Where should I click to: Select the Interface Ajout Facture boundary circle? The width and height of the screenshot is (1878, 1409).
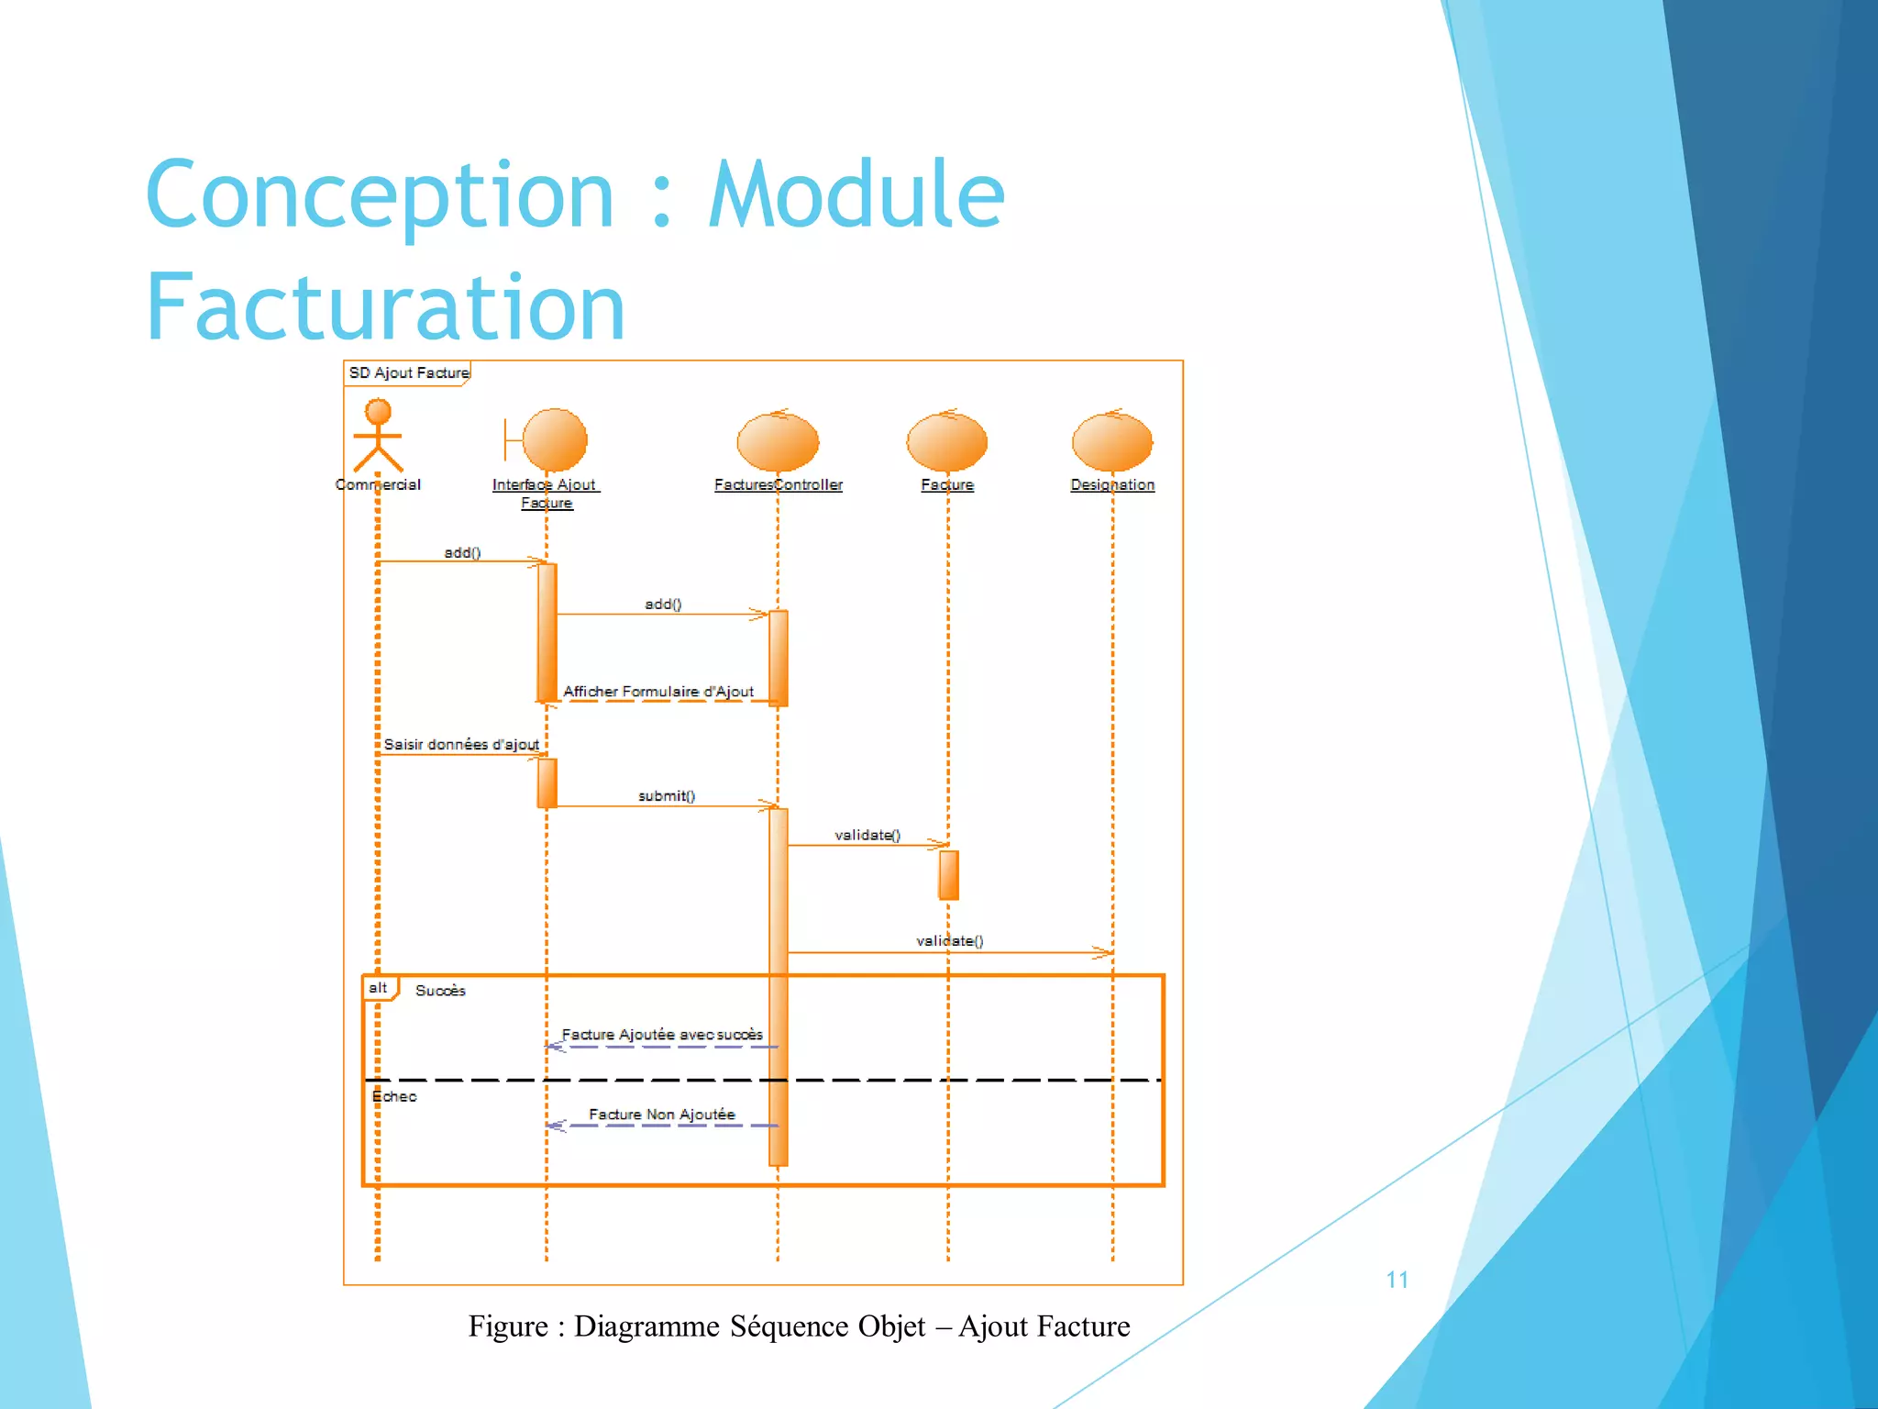click(554, 439)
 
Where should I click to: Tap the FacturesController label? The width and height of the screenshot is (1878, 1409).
click(778, 484)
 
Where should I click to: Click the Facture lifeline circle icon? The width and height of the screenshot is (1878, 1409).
click(946, 441)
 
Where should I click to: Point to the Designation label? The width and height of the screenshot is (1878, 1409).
click(1112, 484)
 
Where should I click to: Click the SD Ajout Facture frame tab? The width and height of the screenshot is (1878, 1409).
click(408, 372)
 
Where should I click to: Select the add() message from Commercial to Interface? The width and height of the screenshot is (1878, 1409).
click(462, 552)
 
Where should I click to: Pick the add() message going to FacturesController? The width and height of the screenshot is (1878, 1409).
click(663, 604)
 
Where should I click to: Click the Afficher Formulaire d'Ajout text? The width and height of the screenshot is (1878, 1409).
click(658, 691)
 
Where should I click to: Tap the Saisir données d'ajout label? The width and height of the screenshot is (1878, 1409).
click(461, 744)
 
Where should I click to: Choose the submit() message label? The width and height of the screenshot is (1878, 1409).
click(667, 795)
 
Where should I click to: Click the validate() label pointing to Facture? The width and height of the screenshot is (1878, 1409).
click(867, 835)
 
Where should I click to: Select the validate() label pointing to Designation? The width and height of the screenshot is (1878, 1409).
click(949, 940)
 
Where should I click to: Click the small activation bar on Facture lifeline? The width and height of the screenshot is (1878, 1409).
click(948, 874)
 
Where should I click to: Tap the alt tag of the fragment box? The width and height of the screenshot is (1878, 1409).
click(378, 988)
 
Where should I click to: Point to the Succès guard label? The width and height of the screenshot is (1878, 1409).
click(440, 991)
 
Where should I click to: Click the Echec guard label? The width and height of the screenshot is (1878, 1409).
click(394, 1096)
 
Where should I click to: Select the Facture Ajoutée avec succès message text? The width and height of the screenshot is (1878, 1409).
click(661, 1034)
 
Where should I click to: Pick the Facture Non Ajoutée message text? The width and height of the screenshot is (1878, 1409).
click(661, 1114)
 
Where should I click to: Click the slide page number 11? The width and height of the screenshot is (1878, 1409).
click(1397, 1280)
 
